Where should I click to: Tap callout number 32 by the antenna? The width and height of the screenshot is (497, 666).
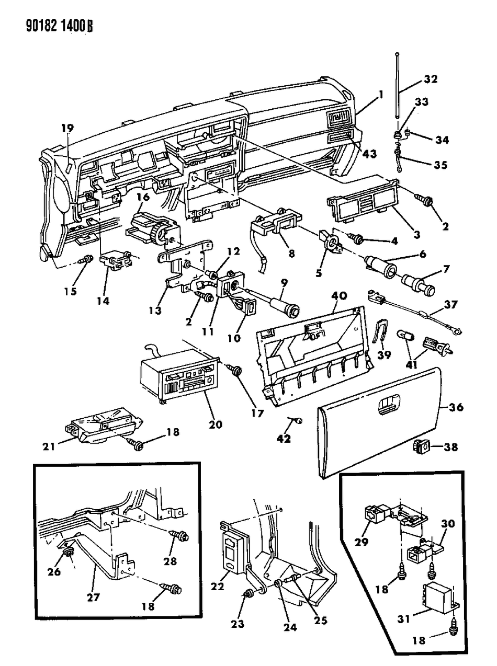pyautogui.click(x=431, y=79)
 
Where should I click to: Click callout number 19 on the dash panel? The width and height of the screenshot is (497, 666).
pyautogui.click(x=67, y=128)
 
